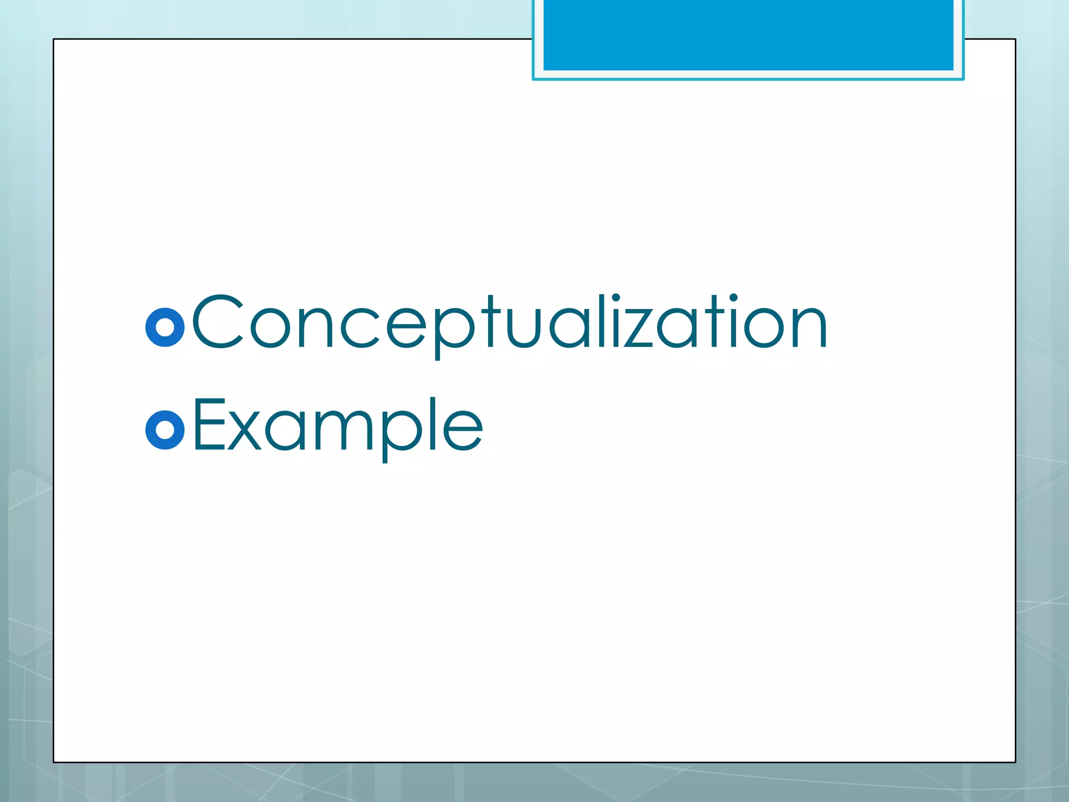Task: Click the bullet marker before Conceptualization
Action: click(x=165, y=328)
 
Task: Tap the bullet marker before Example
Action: click(x=165, y=430)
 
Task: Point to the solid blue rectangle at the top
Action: click(x=748, y=34)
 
